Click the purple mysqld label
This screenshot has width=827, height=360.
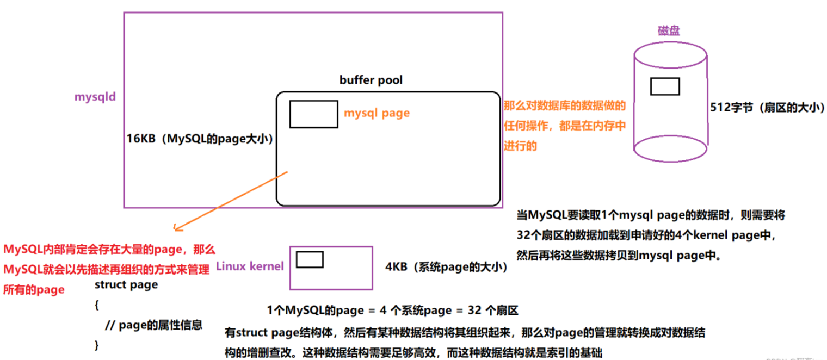[x=95, y=97]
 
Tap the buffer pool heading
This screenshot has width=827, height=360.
[x=371, y=80]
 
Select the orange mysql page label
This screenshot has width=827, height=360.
[x=377, y=113]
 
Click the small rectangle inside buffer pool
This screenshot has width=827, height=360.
[x=313, y=114]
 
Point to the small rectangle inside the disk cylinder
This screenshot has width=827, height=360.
[x=665, y=86]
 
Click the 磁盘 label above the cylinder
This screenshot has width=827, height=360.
[x=669, y=31]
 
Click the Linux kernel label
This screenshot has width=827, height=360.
[x=250, y=266]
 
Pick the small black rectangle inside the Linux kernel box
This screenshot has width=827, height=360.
[x=310, y=259]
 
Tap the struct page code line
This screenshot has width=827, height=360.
[x=126, y=284]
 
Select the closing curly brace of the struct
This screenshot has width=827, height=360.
[x=97, y=345]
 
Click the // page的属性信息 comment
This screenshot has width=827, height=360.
[x=153, y=325]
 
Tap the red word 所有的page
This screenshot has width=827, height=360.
[x=34, y=290]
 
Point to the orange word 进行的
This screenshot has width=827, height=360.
[x=521, y=145]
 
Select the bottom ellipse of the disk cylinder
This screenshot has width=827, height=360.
[x=671, y=148]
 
